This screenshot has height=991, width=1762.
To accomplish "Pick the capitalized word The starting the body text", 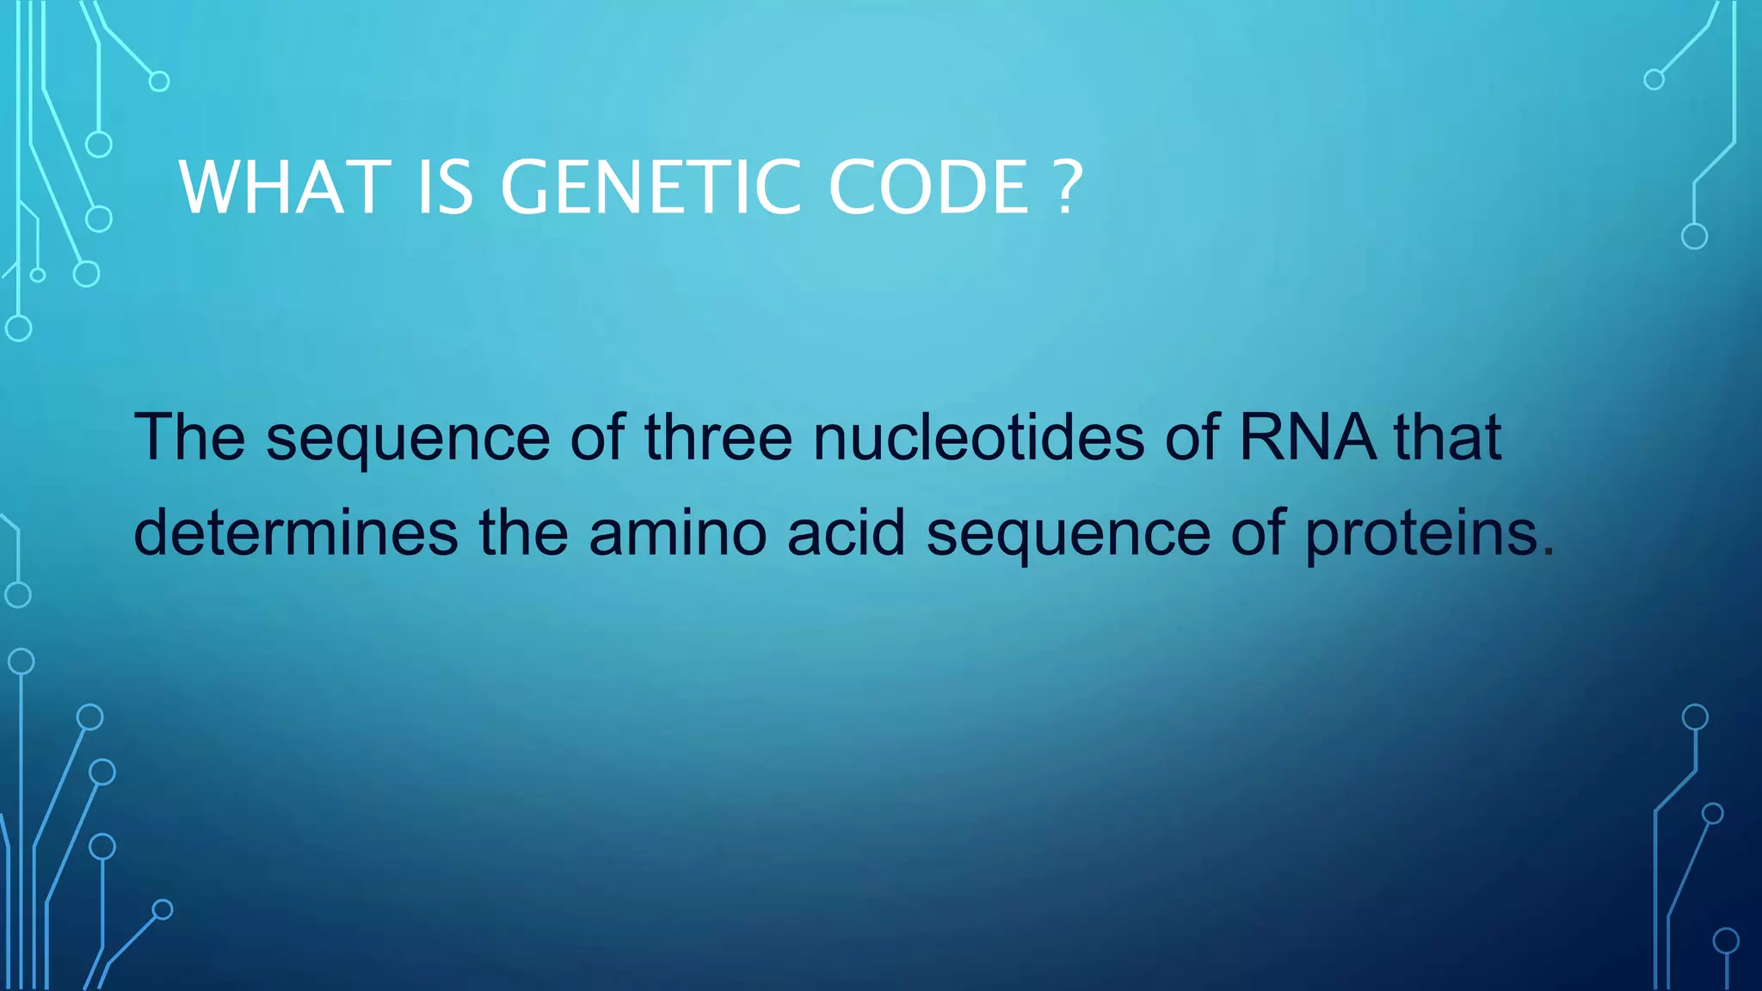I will pyautogui.click(x=189, y=437).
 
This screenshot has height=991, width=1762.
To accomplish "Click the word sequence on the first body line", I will pyautogui.click(x=408, y=440).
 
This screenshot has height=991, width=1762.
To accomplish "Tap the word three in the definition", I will pyautogui.click(x=718, y=437).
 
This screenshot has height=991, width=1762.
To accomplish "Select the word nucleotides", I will pyautogui.click(x=978, y=437).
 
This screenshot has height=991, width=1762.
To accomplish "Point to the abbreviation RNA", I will pyautogui.click(x=1307, y=437).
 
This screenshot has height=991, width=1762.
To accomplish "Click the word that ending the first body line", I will pyautogui.click(x=1448, y=437).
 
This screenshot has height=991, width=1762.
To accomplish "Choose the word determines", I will pyautogui.click(x=296, y=532).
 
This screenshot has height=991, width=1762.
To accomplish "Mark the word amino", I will pyautogui.click(x=677, y=532).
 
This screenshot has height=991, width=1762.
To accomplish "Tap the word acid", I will pyautogui.click(x=846, y=532).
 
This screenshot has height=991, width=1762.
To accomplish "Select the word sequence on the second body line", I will pyautogui.click(x=1069, y=536).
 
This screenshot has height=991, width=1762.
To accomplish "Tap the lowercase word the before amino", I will pyautogui.click(x=523, y=532).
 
